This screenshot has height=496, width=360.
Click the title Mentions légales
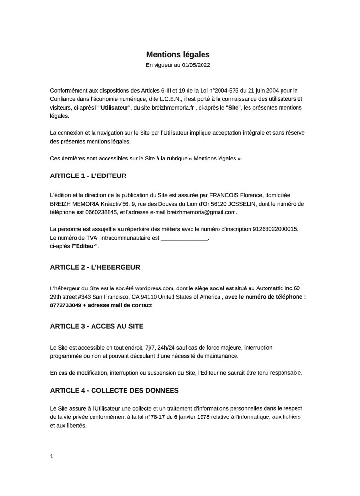coord(178,55)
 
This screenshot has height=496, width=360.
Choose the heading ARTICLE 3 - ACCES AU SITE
coord(96,326)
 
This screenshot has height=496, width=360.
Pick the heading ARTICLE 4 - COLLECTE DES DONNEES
coord(114,390)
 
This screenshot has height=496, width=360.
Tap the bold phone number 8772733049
coord(67,305)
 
